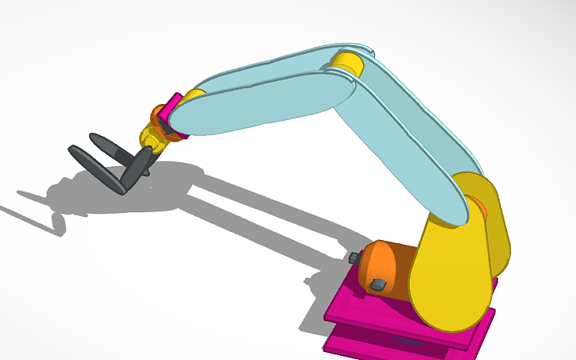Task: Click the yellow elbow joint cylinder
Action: pos(348,63)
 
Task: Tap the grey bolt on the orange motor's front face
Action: pos(378,284)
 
